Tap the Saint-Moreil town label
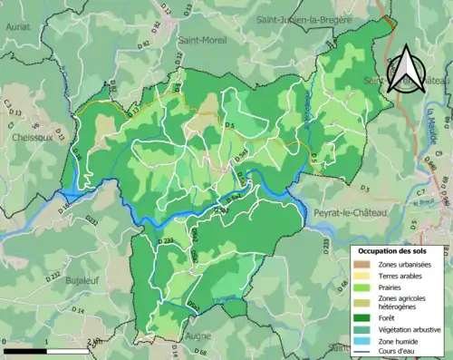point(203,41)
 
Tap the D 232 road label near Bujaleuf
point(53,275)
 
